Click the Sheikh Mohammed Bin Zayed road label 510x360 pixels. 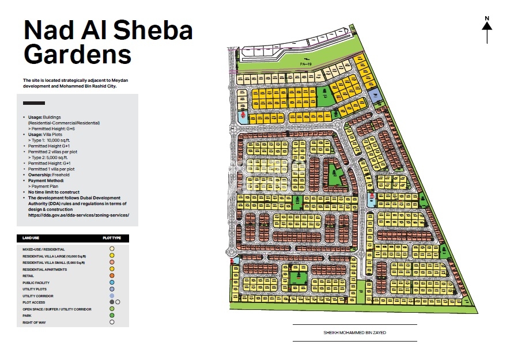(354, 333)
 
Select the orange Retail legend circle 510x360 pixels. (112, 276)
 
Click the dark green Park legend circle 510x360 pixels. (112, 316)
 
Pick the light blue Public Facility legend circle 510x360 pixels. (112, 283)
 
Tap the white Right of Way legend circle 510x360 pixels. (112, 323)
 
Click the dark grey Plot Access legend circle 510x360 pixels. (111, 302)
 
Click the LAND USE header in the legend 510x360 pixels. (31, 238)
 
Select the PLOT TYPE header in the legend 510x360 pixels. (111, 238)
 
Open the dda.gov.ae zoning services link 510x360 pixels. (78, 215)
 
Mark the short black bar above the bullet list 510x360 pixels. (33, 103)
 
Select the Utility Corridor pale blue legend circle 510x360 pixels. (112, 296)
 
